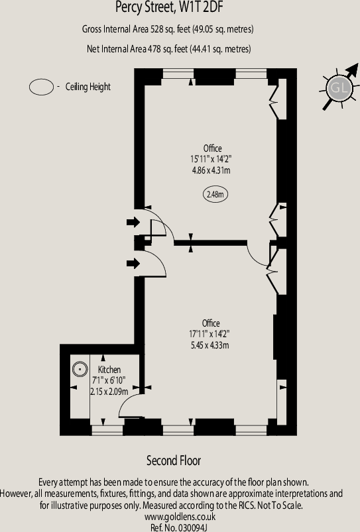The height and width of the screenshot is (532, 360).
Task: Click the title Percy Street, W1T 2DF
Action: [x=168, y=8]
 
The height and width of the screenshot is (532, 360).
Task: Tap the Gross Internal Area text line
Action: [x=168, y=30]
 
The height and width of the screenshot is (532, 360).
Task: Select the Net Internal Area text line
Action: [x=168, y=49]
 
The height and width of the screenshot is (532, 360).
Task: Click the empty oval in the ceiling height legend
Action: [x=42, y=87]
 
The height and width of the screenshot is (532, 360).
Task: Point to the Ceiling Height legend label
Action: [x=88, y=87]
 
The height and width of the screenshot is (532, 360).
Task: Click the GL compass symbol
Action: [x=338, y=87]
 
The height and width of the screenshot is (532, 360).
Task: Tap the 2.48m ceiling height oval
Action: [x=214, y=195]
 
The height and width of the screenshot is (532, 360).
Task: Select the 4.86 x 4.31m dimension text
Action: [x=210, y=170]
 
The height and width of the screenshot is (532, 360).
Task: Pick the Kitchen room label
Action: [x=109, y=369]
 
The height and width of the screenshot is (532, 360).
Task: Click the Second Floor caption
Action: [x=174, y=460]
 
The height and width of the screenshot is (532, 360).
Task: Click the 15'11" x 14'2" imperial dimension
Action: [x=210, y=159]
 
